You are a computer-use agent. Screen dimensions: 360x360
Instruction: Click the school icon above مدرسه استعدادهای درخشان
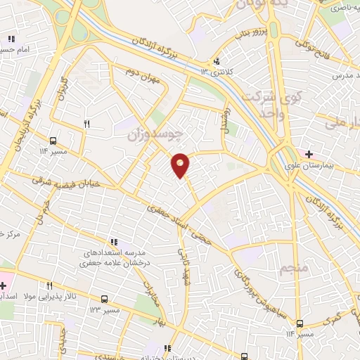(x=114, y=242)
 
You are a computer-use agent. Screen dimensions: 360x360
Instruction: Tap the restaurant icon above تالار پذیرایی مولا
(x=49, y=286)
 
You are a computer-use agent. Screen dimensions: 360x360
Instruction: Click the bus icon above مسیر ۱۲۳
(x=105, y=298)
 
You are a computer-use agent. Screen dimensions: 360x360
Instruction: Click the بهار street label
(x=162, y=321)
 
